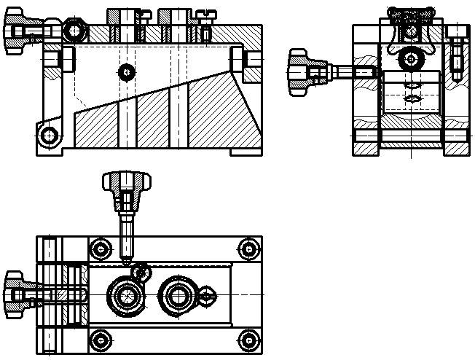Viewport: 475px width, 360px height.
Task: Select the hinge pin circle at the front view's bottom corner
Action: [x=49, y=135]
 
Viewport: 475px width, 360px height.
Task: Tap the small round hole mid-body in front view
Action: [x=127, y=71]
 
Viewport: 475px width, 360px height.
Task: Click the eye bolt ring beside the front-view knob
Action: [x=73, y=31]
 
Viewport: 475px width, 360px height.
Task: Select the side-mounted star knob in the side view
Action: [x=299, y=73]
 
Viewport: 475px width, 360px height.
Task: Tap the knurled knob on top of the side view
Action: [x=412, y=16]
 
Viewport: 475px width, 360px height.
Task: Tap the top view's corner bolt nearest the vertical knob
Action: [x=101, y=249]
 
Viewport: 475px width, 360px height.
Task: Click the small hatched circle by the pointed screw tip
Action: [x=141, y=273]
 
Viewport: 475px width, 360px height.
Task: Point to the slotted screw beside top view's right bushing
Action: [x=208, y=295]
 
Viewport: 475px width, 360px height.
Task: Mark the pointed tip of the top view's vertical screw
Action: [x=127, y=260]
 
